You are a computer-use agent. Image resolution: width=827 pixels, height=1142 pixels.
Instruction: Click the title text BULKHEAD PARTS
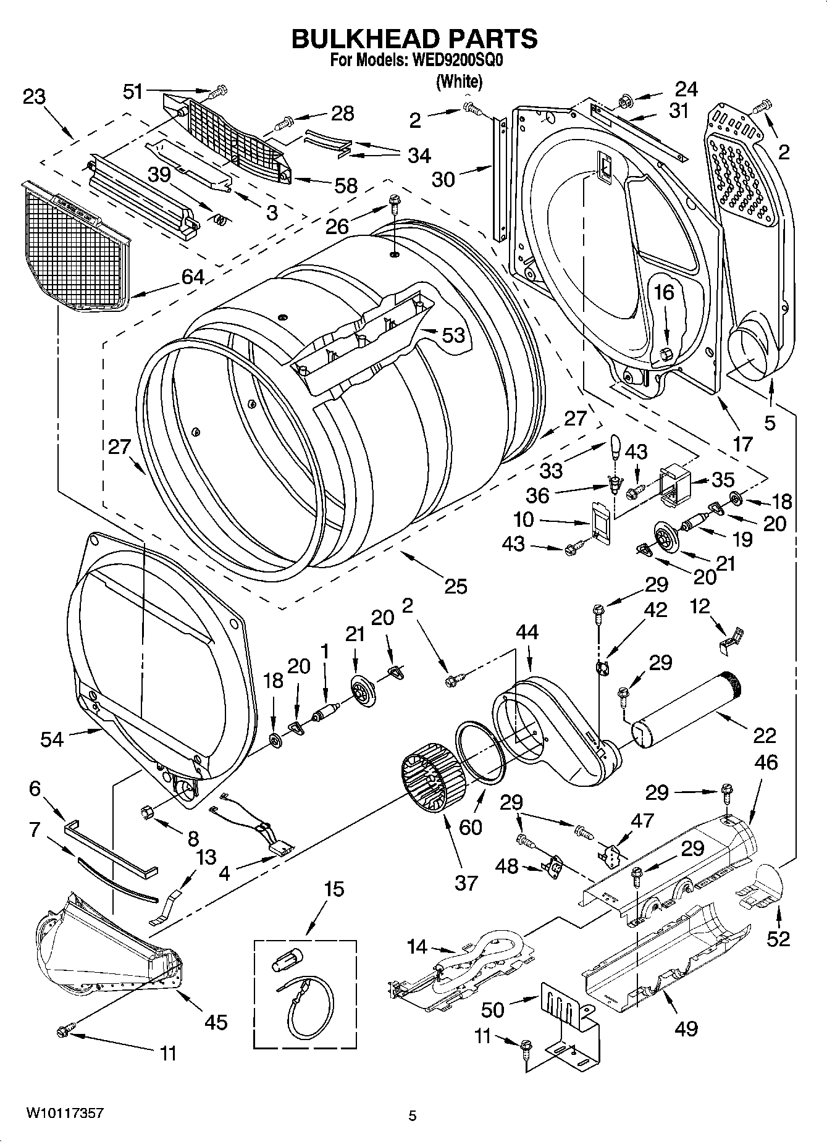(x=414, y=38)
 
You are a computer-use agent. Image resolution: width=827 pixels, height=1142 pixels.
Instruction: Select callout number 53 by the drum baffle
(x=453, y=335)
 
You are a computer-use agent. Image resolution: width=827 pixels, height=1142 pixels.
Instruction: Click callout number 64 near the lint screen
(x=192, y=277)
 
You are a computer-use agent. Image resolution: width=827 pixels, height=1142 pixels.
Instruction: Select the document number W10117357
(x=64, y=1114)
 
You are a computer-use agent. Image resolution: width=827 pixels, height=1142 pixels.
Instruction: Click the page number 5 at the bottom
(x=413, y=1115)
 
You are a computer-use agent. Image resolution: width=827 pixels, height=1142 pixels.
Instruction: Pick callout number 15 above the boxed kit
(x=334, y=889)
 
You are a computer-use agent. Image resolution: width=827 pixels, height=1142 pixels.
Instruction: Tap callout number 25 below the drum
(x=455, y=586)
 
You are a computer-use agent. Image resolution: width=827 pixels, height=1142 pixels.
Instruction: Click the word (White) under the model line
(x=459, y=81)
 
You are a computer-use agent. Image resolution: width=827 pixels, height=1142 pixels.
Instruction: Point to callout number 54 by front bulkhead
(x=52, y=739)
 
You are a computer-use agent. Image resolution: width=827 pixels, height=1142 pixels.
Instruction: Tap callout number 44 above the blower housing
(x=527, y=632)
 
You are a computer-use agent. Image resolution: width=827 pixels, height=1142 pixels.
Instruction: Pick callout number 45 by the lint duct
(x=216, y=1022)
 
